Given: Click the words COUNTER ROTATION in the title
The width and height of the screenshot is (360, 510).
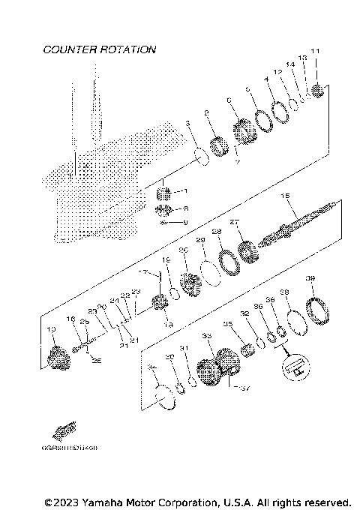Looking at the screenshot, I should tap(100, 49).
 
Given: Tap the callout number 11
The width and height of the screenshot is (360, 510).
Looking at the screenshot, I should tap(315, 72).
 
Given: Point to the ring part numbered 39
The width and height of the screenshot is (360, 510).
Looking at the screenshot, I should tap(315, 308).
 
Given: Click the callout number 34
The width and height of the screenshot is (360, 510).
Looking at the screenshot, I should tap(152, 367).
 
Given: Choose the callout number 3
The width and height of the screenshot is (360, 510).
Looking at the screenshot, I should tap(188, 123).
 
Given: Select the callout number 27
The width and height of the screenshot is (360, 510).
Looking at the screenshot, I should tap(233, 222).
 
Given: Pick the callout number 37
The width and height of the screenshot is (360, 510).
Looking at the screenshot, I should tap(242, 388).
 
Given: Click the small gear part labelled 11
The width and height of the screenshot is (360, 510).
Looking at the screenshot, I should tap(316, 91).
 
